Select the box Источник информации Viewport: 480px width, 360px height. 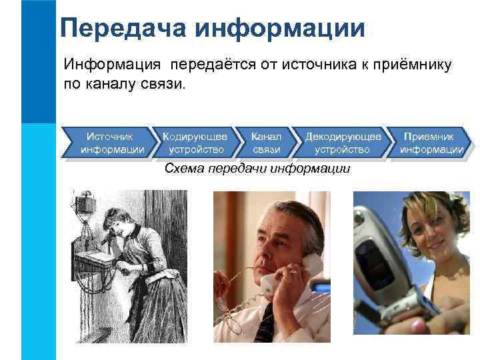pyautogui.click(x=111, y=143)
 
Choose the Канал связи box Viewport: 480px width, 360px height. pyautogui.click(x=266, y=143)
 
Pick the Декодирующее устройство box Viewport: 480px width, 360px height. pyautogui.click(x=343, y=143)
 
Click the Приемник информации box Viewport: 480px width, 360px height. pyautogui.click(x=431, y=143)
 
